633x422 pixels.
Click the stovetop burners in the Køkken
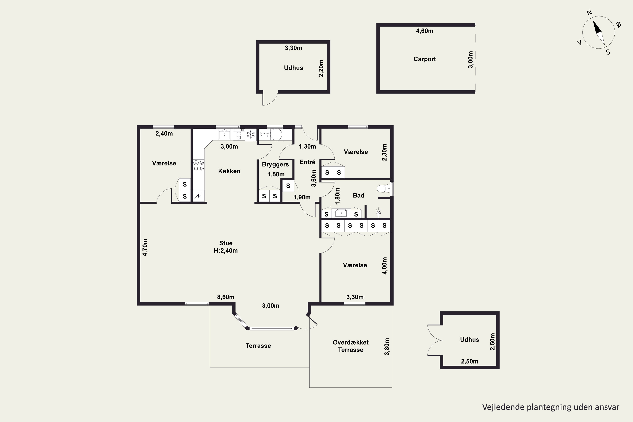pyautogui.click(x=199, y=165)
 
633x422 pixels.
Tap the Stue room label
pyautogui.click(x=226, y=243)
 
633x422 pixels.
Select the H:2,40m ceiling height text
pyautogui.click(x=226, y=251)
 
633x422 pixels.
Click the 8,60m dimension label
pyautogui.click(x=226, y=297)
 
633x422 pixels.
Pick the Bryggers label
pyautogui.click(x=275, y=164)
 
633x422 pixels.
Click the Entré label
pyautogui.click(x=307, y=162)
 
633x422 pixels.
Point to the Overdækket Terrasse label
pyautogui.click(x=350, y=346)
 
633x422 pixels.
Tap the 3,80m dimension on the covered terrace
pyautogui.click(x=387, y=347)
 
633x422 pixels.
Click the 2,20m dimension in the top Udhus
pyautogui.click(x=321, y=68)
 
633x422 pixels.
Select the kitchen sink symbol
pyautogui.click(x=225, y=134)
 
